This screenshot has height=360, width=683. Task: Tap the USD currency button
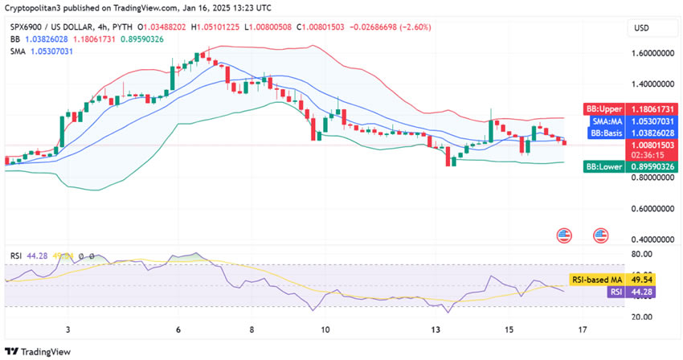click(x=641, y=27)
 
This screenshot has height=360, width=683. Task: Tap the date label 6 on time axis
click(x=178, y=330)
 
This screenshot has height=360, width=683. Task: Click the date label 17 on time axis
click(x=583, y=330)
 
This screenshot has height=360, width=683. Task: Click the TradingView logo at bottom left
click(x=38, y=351)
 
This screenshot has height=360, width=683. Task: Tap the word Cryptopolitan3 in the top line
click(x=35, y=8)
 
